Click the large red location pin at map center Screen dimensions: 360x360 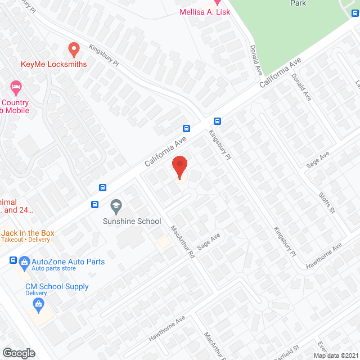click(179, 167)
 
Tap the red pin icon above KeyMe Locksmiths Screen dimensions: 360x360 click(73, 50)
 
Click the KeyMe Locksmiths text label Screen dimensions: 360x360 click(54, 64)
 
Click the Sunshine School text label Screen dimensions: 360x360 click(132, 221)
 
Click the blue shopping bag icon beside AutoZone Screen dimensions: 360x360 click(24, 262)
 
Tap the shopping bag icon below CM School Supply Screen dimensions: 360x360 click(38, 305)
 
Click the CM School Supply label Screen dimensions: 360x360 click(57, 286)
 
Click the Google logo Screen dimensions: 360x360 click(19, 353)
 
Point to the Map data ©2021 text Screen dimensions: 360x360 click(335, 355)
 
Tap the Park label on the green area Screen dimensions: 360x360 click(298, 3)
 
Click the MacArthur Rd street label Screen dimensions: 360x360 click(183, 242)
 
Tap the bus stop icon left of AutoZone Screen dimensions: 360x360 click(13, 260)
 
